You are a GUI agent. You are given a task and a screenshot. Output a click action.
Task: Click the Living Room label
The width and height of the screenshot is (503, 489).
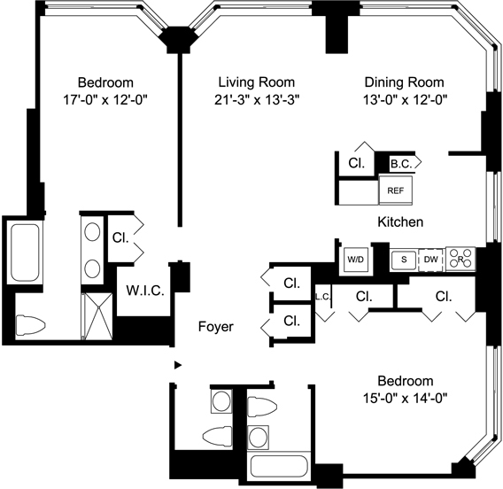pos(257,82)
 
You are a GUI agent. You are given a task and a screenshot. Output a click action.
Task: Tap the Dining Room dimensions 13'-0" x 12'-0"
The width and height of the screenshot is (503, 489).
pos(405,99)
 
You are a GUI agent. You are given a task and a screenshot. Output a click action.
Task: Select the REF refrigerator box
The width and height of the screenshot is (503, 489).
pos(396,190)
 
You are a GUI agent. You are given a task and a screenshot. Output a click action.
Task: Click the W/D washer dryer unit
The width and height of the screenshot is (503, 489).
pos(356,260)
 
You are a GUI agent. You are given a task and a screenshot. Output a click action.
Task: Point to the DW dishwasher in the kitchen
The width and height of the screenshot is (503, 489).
pos(430,259)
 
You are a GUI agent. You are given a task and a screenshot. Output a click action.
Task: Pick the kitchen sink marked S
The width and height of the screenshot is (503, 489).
pos(404,260)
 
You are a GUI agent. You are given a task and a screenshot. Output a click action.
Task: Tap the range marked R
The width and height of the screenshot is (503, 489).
pos(460,259)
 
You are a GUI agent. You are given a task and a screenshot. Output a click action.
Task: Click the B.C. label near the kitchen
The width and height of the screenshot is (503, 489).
pos(400,164)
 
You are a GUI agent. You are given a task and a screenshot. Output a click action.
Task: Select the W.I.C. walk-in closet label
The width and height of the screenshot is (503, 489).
pos(145,291)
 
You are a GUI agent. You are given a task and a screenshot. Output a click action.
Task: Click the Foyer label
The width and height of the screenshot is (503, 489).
pos(216,326)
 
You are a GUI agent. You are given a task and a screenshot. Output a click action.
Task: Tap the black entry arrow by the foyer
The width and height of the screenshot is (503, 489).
pos(178,365)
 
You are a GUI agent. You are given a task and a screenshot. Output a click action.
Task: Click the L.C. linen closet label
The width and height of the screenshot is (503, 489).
pos(322,297)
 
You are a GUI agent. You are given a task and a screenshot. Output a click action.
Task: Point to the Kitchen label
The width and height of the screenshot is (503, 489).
pos(400,221)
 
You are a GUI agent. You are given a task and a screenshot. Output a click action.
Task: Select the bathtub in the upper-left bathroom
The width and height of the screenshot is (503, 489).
pos(25,252)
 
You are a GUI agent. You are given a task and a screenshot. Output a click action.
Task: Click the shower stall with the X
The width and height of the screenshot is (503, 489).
pos(97,315)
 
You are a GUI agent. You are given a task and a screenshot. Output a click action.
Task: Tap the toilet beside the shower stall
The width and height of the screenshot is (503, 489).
pos(30,325)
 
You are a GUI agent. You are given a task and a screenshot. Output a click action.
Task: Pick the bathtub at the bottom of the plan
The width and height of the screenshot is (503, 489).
pos(279,466)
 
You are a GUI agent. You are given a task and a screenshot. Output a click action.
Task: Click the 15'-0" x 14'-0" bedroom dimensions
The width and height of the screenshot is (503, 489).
pos(406,398)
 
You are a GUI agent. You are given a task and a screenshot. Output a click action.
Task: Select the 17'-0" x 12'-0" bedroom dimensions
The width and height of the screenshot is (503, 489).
pos(105,100)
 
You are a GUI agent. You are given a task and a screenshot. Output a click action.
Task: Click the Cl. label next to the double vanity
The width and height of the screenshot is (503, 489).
pos(120,237)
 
